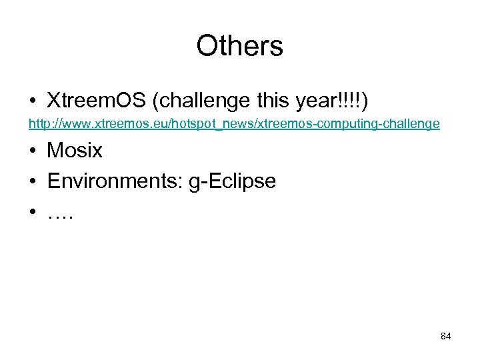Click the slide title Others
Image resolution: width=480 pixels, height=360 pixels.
(239, 47)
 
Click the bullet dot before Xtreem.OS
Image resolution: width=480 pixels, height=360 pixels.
(32, 101)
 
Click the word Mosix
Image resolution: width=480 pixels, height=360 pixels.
(74, 151)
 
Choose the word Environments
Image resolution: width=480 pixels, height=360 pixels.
(113, 181)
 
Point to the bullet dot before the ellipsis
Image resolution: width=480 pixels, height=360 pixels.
(32, 211)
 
